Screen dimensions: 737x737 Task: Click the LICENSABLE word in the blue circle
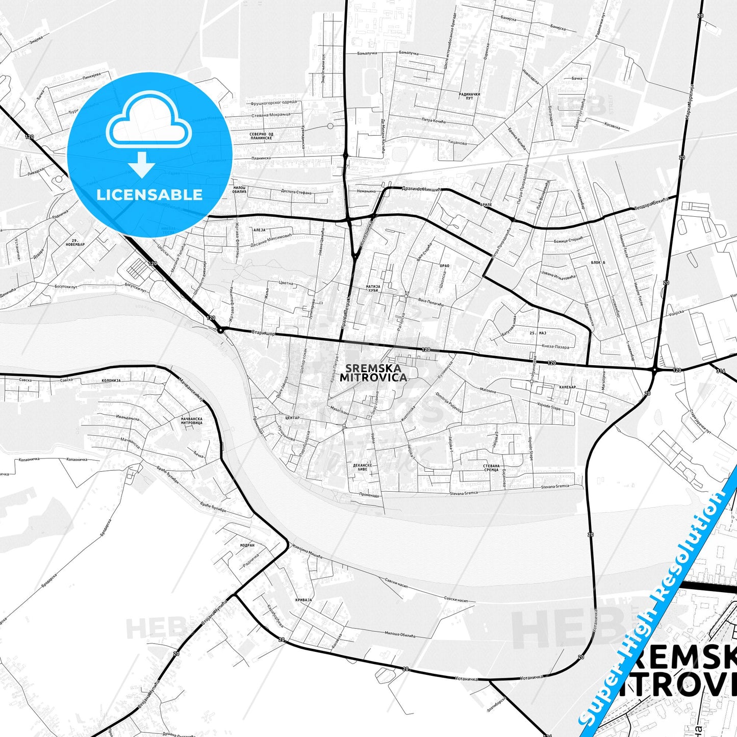pos(149,194)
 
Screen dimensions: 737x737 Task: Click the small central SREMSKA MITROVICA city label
pos(373,373)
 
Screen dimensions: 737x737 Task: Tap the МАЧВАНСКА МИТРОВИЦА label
pos(192,421)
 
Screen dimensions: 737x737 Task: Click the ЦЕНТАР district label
pos(292,418)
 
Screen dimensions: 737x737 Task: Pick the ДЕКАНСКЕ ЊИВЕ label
pos(362,468)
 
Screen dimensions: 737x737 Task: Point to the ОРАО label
pos(444,266)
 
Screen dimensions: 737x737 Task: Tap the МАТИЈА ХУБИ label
pos(373,288)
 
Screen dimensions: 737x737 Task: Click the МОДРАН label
pos(247,545)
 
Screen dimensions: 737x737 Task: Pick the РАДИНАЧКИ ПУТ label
pos(469,96)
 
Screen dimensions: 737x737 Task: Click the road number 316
pos(720,371)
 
